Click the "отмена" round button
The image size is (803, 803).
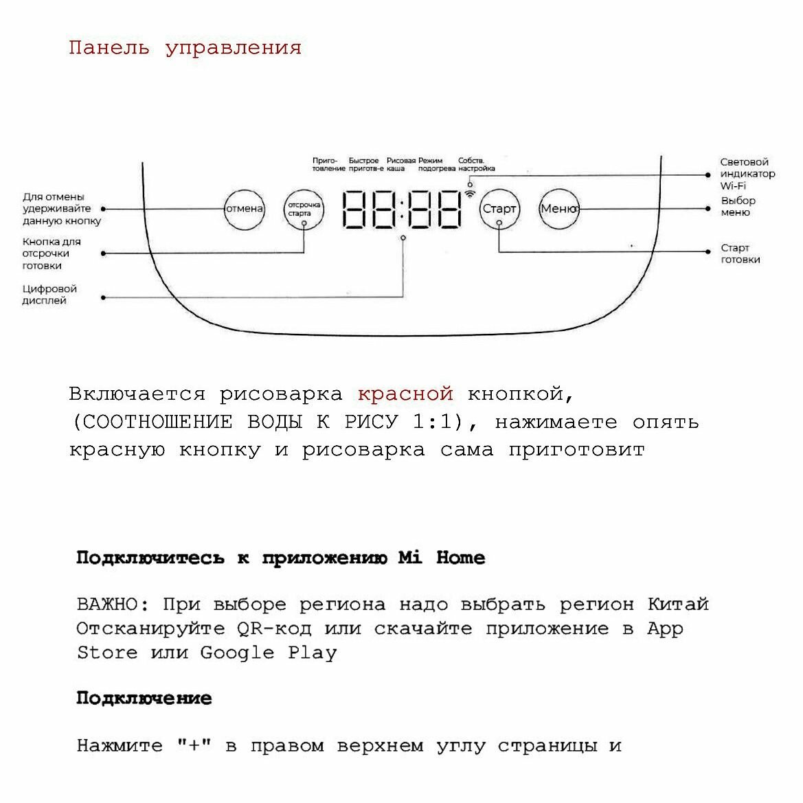245,208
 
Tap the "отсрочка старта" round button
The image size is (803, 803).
304,208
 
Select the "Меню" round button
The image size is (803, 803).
558,208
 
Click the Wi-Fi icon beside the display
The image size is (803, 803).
471,194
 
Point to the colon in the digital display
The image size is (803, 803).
402,209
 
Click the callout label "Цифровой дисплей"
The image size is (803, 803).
49,295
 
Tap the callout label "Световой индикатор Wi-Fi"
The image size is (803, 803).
747,174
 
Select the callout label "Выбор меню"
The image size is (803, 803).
738,206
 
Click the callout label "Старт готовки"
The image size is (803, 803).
740,253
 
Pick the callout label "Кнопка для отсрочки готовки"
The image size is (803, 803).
52,253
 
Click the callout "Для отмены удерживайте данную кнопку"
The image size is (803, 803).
62,209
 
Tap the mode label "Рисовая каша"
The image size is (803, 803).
401,164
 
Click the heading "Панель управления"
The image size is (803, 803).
185,48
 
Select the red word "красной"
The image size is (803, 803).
405,394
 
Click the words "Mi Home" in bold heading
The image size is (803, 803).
442,558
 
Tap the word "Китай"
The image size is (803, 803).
677,604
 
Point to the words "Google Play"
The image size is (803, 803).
268,653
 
